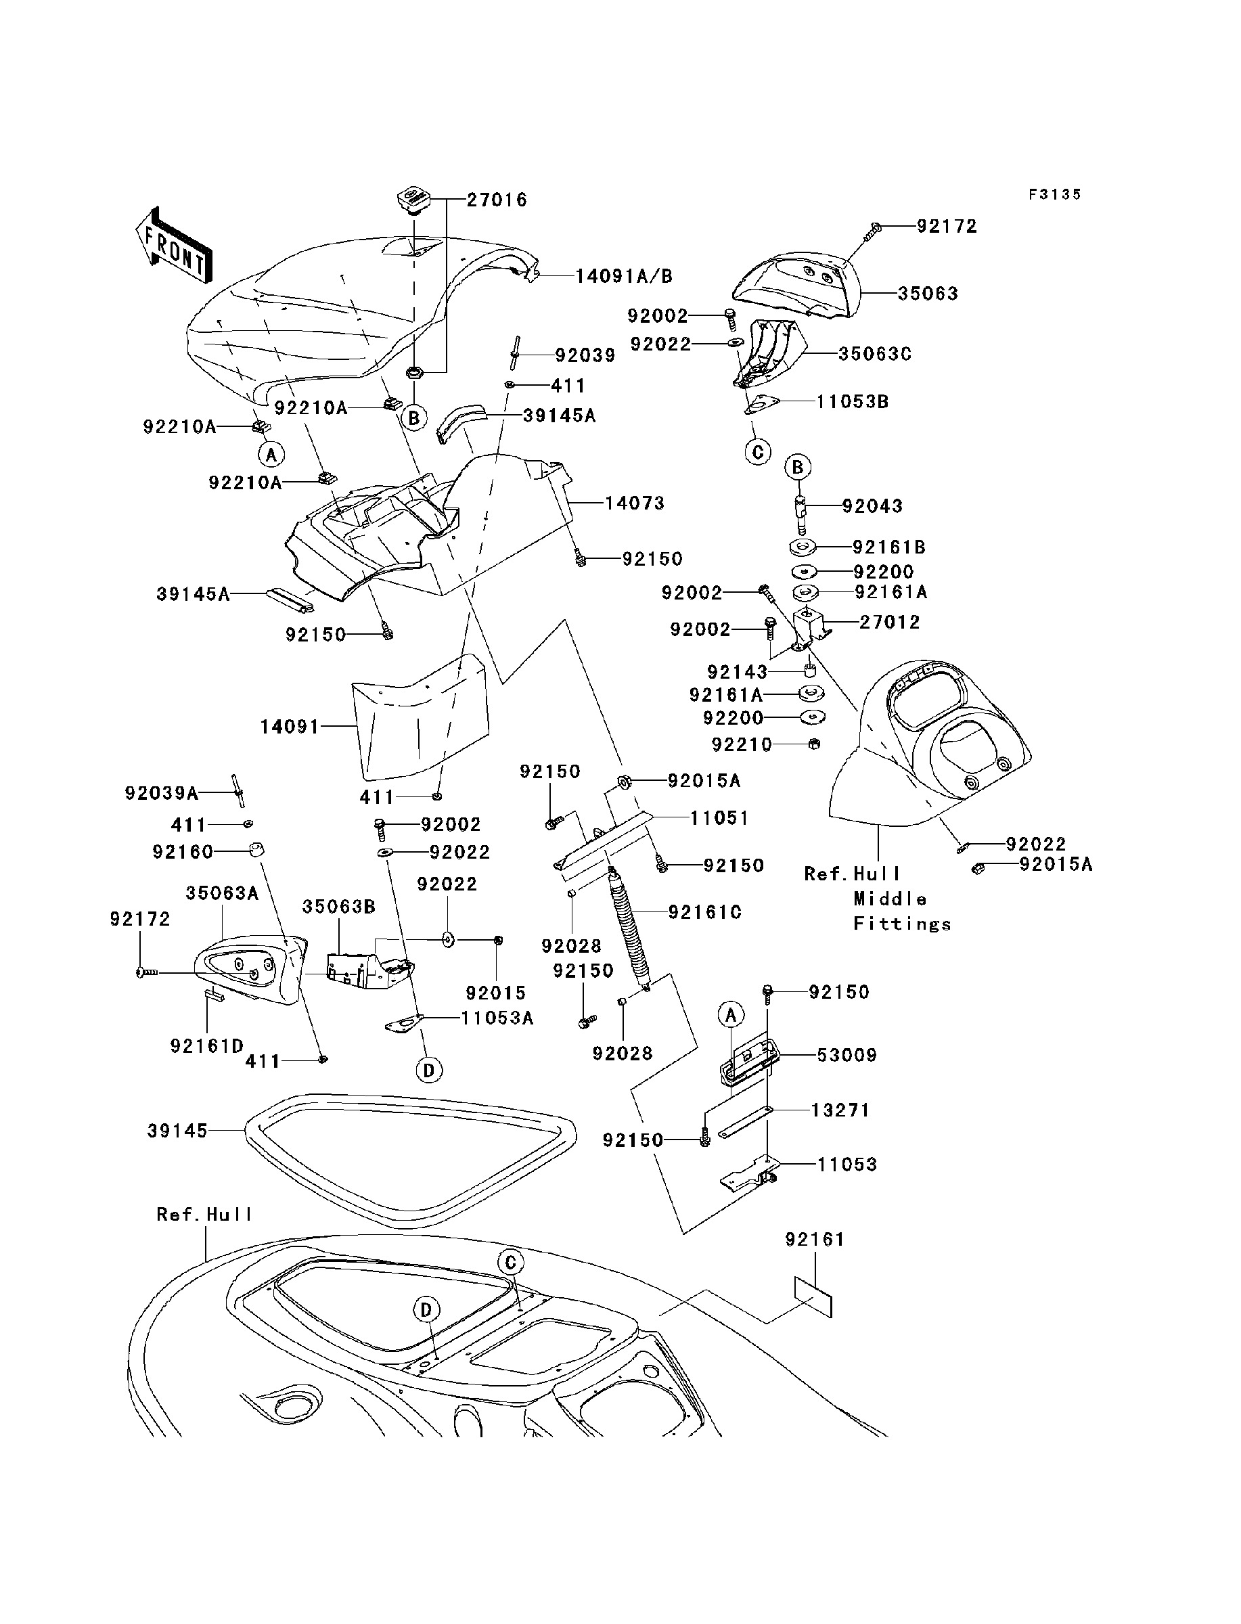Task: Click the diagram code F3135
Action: point(1055,194)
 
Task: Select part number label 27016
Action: point(497,200)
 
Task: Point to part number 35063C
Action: point(875,354)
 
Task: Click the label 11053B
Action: point(853,402)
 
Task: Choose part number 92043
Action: point(872,506)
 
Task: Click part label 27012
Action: point(889,622)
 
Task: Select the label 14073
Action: point(635,503)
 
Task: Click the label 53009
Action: point(847,1055)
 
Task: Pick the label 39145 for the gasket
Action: point(177,1131)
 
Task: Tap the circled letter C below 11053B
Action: point(758,452)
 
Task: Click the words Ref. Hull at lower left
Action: point(204,1215)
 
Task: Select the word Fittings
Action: point(902,924)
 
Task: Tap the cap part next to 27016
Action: point(416,202)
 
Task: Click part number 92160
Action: point(183,852)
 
